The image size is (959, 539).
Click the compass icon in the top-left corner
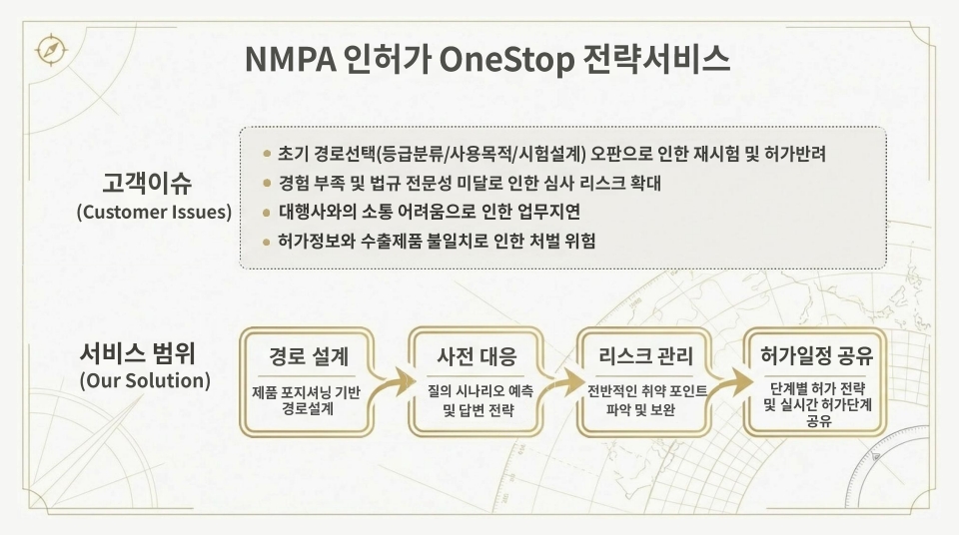click(x=47, y=49)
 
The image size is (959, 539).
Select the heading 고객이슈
click(x=146, y=184)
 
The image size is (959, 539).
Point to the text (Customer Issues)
click(x=154, y=213)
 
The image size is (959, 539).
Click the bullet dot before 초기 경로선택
click(x=266, y=155)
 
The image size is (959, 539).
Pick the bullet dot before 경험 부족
click(x=266, y=184)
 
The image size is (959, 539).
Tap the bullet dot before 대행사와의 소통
click(x=266, y=212)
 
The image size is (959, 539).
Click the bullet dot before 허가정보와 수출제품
click(x=266, y=241)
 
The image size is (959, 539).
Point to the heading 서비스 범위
click(x=137, y=354)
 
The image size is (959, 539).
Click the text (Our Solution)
click(x=145, y=381)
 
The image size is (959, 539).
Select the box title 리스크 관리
click(x=645, y=356)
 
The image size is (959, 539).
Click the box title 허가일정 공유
click(x=815, y=356)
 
